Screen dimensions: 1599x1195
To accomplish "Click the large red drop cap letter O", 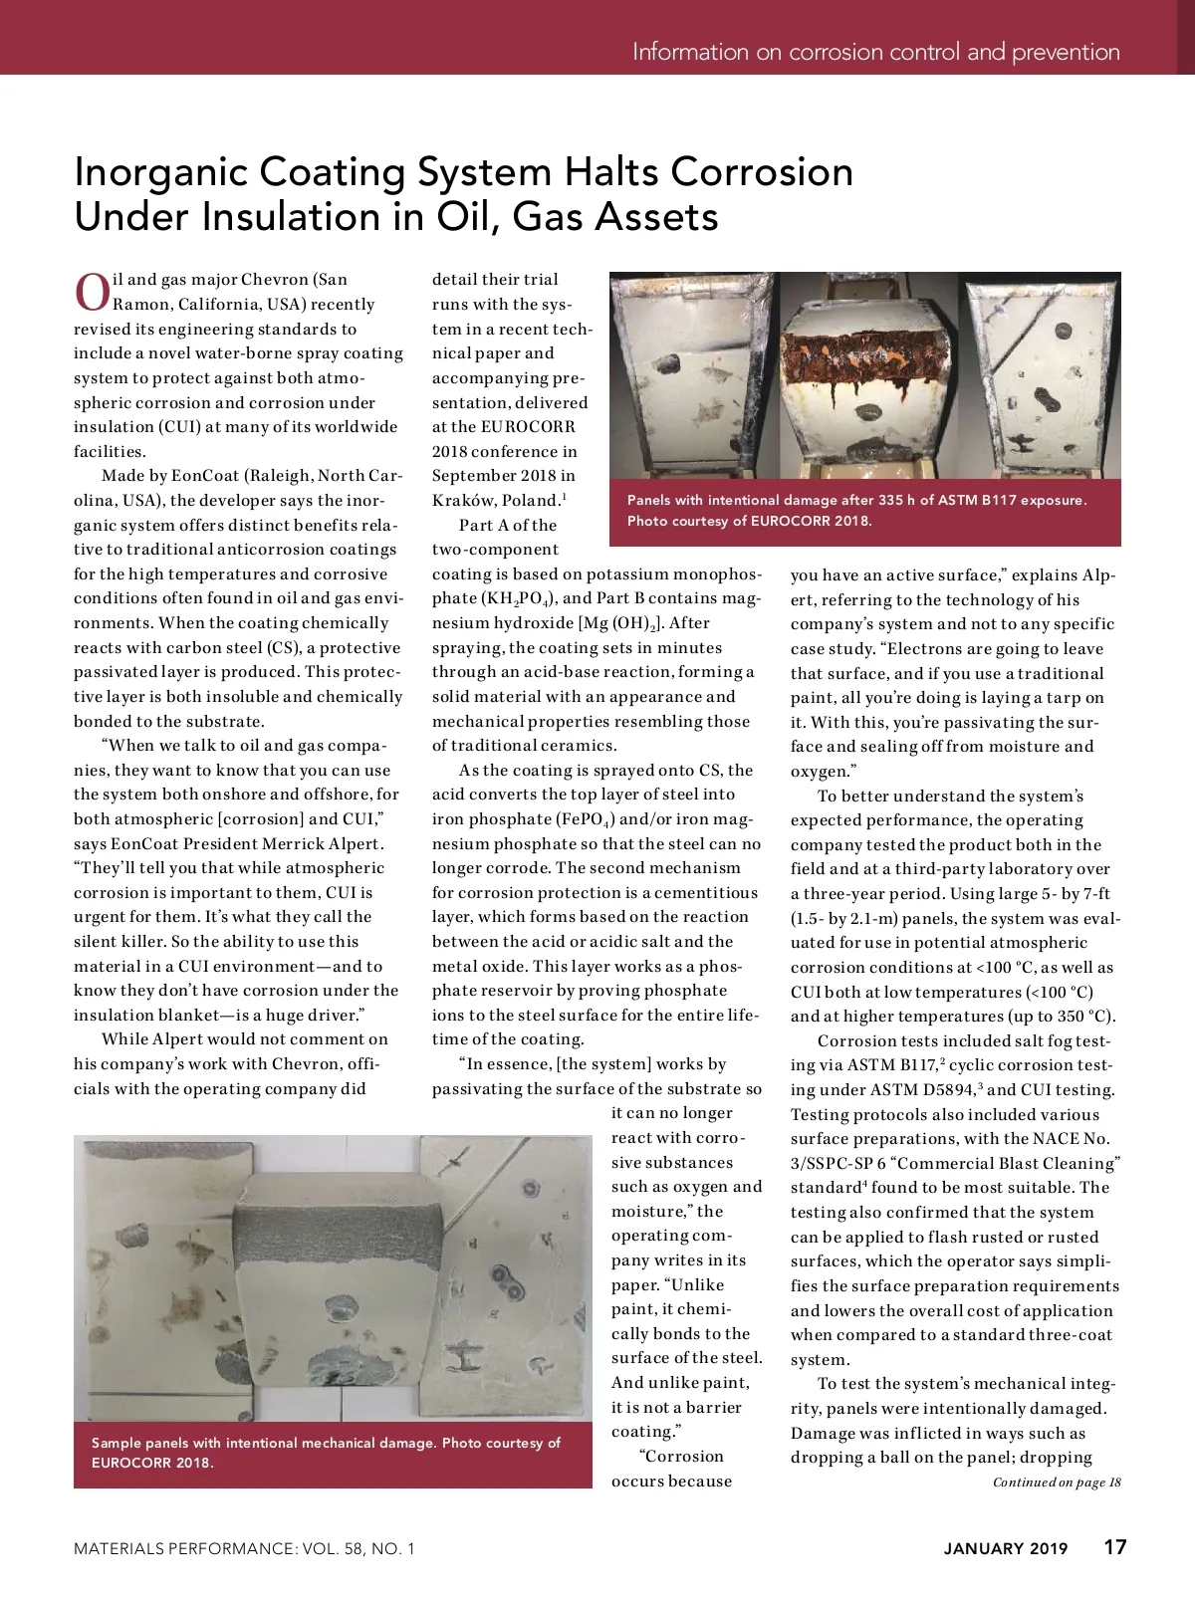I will tap(91, 291).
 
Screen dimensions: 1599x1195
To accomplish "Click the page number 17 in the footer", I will tap(1115, 1547).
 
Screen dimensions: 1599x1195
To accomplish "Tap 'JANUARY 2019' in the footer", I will tap(1006, 1548).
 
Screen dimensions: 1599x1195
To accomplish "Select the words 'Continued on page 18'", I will tap(1057, 1483).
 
